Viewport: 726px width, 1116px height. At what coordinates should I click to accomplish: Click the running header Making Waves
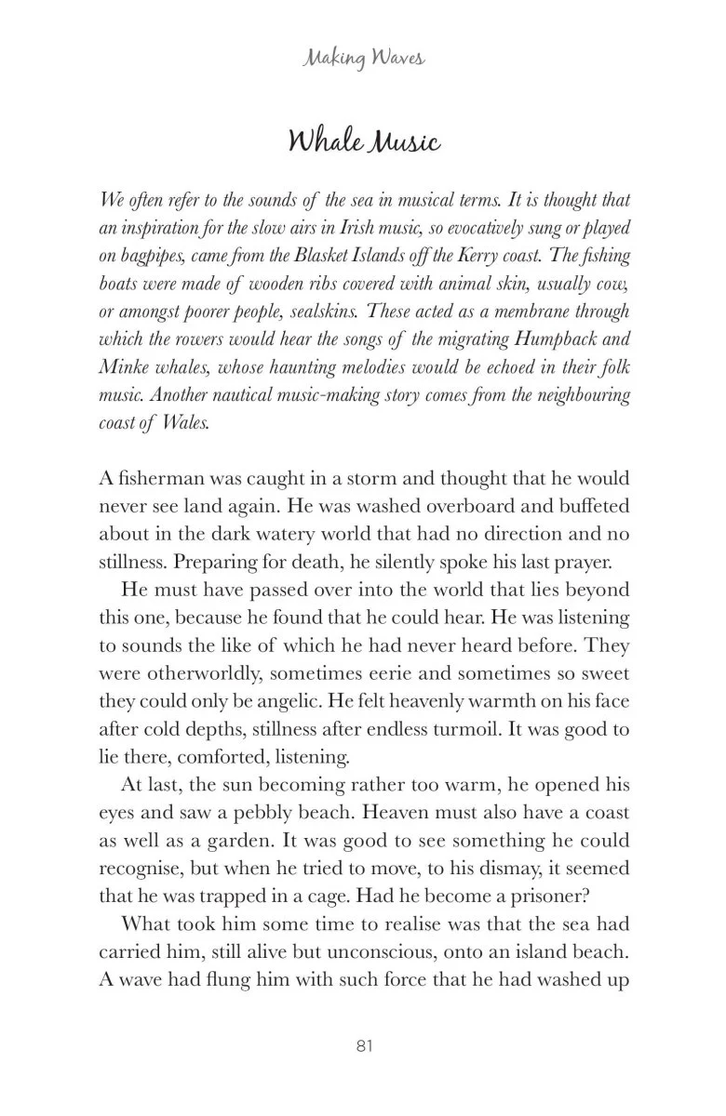(363, 60)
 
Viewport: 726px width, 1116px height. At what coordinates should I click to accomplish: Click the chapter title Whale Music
(363, 142)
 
